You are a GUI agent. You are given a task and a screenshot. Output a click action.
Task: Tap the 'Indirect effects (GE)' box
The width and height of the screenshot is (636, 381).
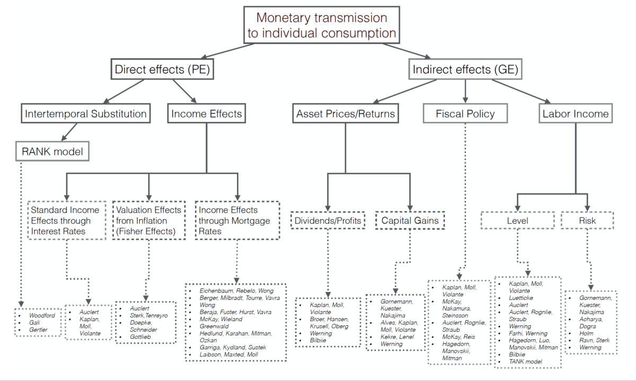point(465,69)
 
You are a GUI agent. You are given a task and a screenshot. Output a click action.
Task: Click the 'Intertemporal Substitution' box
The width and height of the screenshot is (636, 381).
point(85,113)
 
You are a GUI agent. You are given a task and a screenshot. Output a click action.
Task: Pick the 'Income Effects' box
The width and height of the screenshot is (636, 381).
point(207,113)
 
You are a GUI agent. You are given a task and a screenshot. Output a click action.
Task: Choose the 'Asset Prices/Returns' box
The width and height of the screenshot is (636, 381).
point(345,113)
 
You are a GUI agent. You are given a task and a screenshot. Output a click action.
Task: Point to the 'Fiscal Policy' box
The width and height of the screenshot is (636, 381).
point(465,113)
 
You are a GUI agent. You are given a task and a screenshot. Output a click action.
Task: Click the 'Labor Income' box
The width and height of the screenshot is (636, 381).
point(576,113)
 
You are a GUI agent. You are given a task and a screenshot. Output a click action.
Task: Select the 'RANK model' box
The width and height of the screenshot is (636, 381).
point(52,153)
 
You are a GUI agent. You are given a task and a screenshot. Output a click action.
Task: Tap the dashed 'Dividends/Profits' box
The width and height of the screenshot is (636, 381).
point(328,220)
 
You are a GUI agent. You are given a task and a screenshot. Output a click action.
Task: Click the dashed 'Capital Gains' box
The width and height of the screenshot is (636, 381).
point(410,220)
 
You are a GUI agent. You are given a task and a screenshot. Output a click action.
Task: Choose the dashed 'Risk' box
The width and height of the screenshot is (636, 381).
point(587,220)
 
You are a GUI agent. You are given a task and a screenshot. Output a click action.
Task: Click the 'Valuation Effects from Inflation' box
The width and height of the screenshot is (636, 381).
point(149,220)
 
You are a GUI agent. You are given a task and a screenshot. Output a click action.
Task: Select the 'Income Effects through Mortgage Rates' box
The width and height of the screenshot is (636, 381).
point(236,220)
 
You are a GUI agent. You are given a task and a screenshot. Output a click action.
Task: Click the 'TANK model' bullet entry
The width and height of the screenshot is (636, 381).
point(525,361)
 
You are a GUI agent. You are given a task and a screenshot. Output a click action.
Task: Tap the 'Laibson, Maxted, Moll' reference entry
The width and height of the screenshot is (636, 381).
point(228,354)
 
